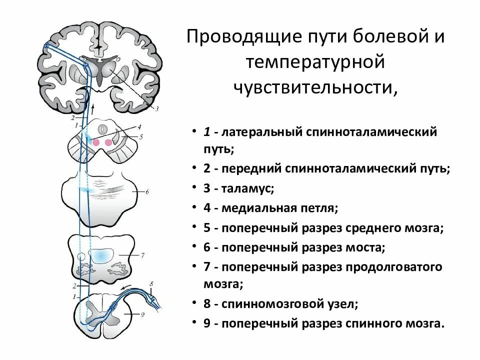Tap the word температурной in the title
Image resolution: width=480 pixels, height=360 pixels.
pos(314,62)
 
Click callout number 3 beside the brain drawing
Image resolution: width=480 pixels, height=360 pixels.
pos(156,109)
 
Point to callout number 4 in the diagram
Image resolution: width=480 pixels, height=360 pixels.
pos(139,127)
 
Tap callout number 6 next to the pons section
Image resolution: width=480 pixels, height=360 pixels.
pos(147,191)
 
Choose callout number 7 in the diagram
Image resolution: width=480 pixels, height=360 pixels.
pos(142,255)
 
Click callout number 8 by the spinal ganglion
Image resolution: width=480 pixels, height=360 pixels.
pos(152,284)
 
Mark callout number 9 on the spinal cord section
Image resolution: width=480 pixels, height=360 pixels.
pos(142,314)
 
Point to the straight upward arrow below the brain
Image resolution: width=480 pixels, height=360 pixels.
pos(92,110)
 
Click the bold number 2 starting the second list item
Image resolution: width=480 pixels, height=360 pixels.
pos(206,169)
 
